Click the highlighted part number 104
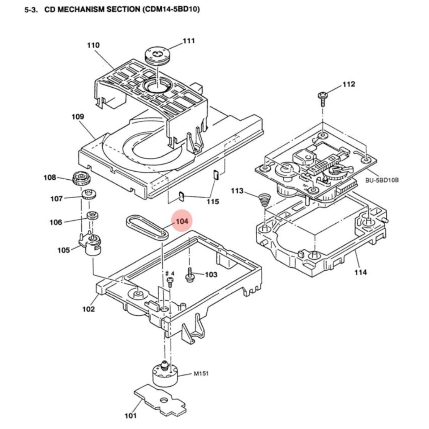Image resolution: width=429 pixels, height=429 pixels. point(182,221)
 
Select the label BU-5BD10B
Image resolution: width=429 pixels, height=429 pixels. point(382,179)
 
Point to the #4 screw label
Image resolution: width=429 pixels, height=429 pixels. point(170,273)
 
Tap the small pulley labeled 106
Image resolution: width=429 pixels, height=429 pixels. point(92,216)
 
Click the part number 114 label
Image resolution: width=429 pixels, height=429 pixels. point(360,272)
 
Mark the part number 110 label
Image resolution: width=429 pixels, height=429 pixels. point(93,45)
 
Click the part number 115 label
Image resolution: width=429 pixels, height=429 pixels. point(213,202)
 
